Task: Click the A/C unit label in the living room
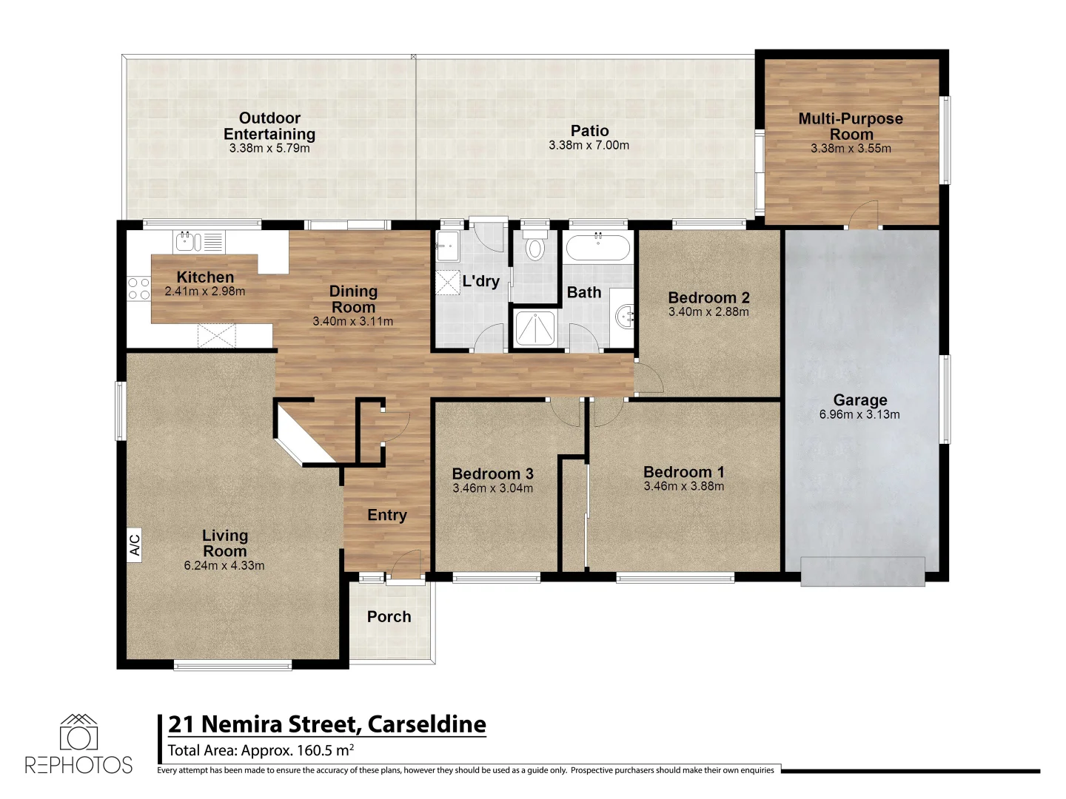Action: tap(135, 545)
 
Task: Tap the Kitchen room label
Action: tap(205, 277)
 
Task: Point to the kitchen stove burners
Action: tap(138, 289)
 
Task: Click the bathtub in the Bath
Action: tap(597, 247)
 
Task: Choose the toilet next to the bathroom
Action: tap(534, 247)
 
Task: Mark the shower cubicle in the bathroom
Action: tap(534, 328)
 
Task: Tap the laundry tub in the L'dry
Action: tap(447, 246)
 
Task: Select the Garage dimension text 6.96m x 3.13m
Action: tap(859, 415)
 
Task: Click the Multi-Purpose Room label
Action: tap(851, 127)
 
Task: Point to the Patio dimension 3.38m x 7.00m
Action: tap(589, 146)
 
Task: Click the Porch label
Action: tap(389, 616)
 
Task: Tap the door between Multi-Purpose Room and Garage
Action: tap(863, 215)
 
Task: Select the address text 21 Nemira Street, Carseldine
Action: tap(326, 724)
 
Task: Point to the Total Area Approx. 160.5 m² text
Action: tap(260, 750)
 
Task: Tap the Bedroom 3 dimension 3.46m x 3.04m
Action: tap(492, 489)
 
